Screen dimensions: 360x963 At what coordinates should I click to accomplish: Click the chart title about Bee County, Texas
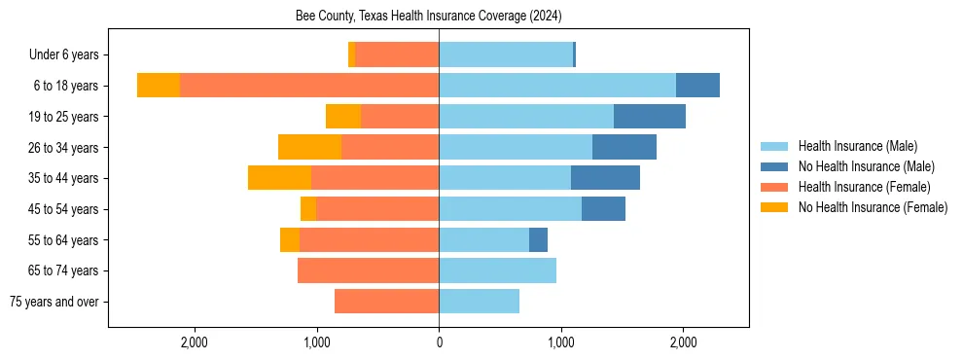[429, 17]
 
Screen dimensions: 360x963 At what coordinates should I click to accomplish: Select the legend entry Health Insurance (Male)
[857, 146]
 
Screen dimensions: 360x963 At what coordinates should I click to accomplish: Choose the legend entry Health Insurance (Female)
[864, 187]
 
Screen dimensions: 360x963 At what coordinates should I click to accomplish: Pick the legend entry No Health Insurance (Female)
[873, 207]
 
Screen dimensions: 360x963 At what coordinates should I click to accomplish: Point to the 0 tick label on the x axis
[439, 342]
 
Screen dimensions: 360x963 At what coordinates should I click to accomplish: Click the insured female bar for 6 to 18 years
[309, 86]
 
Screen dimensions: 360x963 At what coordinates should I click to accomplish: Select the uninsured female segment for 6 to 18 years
[159, 86]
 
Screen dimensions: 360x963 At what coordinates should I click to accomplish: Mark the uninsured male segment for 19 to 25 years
[650, 117]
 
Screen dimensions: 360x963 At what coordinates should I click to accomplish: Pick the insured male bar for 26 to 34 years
[516, 147]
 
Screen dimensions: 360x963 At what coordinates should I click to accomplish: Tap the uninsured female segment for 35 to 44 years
[279, 178]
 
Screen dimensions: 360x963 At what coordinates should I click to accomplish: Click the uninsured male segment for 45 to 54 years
[603, 209]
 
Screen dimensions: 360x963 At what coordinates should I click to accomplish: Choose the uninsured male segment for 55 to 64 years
[538, 239]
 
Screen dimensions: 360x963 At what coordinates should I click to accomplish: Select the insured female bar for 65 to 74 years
[368, 270]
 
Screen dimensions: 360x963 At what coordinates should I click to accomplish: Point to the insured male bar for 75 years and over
[479, 302]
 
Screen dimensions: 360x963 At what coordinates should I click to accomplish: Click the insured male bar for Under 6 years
[506, 55]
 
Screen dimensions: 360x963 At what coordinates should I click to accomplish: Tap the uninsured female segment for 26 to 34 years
[309, 147]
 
